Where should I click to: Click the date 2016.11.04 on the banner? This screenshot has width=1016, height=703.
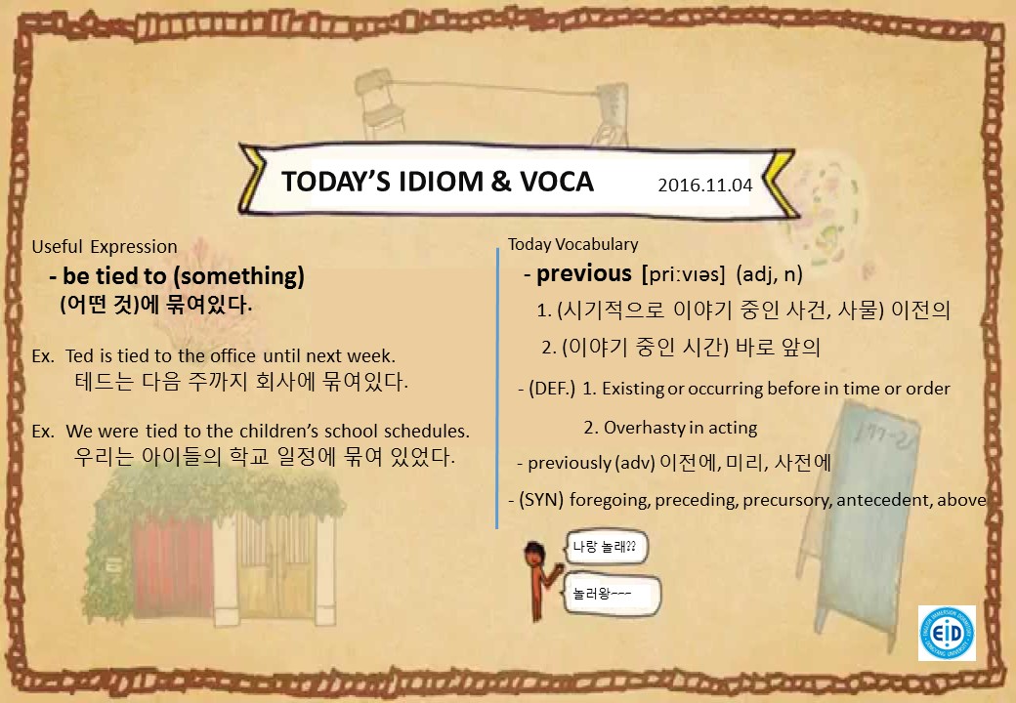705,186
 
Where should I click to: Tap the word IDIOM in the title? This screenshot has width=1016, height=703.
441,182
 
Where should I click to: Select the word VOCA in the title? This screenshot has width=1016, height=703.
557,182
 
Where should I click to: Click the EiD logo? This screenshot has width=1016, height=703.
947,633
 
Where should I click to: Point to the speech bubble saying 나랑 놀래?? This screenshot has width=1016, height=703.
606,547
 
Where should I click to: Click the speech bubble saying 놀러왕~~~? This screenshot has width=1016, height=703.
613,594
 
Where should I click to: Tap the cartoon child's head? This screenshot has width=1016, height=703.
534,553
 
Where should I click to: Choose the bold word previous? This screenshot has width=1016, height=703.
584,273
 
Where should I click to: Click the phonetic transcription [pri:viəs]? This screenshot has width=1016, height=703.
683,274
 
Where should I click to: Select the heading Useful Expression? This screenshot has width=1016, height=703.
105,247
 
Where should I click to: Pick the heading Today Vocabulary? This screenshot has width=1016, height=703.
572,244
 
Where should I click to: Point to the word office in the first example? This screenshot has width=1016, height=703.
233,356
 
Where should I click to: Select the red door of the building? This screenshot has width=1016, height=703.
173,566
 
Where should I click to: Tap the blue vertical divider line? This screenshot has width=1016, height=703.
497,389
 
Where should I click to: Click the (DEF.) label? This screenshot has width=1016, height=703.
551,389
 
